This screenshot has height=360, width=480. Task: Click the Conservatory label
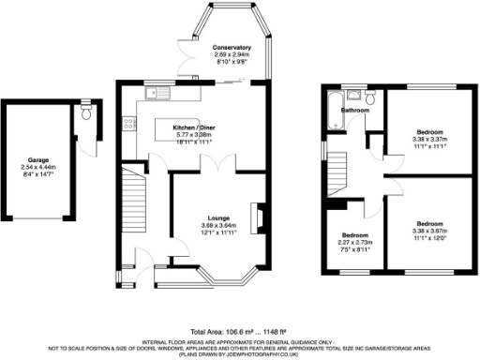point(231,47)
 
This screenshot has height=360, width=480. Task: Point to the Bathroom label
point(354,110)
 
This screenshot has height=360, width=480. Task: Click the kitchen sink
point(157,92)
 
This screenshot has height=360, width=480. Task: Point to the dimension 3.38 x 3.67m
point(429,231)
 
